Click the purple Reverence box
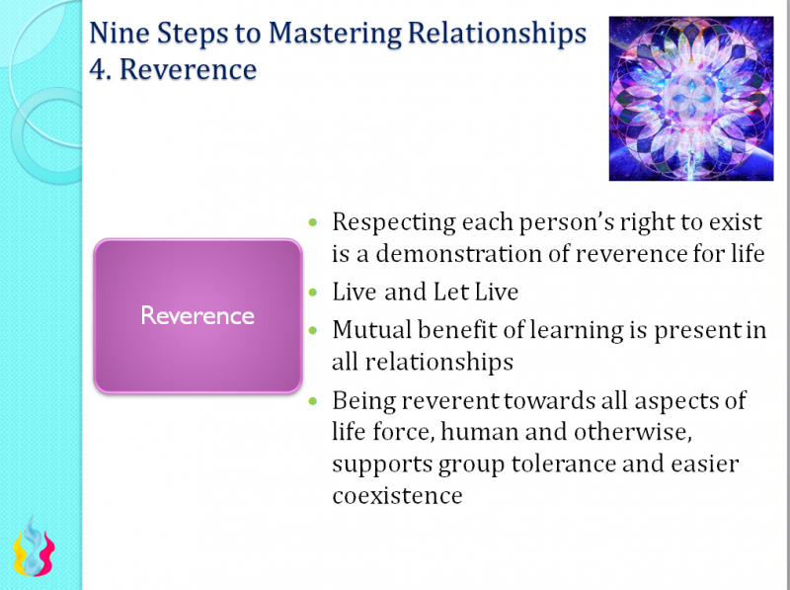(x=197, y=316)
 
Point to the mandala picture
(x=691, y=98)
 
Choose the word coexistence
(x=397, y=495)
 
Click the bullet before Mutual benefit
(x=314, y=330)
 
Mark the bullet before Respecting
(x=314, y=223)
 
